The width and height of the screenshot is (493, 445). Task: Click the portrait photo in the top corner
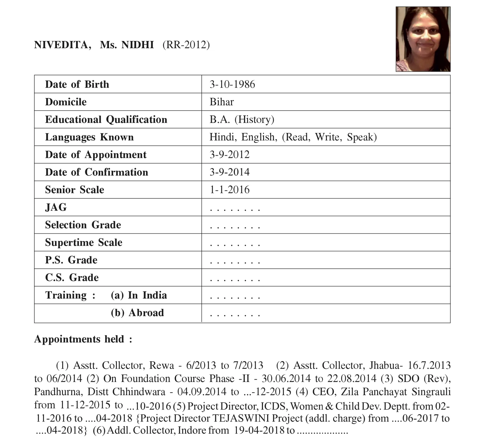[x=423, y=39]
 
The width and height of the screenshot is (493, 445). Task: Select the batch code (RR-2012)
[x=186, y=45]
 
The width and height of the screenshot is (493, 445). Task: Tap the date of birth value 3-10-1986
[x=232, y=84]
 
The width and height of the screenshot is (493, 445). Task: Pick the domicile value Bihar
[x=222, y=102]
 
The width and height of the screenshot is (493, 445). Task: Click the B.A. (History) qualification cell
[x=242, y=120]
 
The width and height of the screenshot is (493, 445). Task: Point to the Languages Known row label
[x=89, y=137]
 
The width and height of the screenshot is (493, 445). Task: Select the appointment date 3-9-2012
[x=230, y=155]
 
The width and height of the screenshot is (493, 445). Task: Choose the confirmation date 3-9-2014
[x=230, y=172]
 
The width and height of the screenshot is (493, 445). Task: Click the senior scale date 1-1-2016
[x=230, y=190]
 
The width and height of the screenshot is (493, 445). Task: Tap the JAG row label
[x=56, y=207]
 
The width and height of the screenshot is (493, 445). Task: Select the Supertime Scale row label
[x=84, y=242]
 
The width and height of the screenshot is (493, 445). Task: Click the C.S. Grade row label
[x=72, y=278]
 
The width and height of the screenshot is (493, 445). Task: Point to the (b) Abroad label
[x=137, y=313]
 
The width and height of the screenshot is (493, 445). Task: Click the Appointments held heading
[x=83, y=339]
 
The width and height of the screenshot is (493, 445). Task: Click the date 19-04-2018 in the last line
[x=259, y=431]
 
